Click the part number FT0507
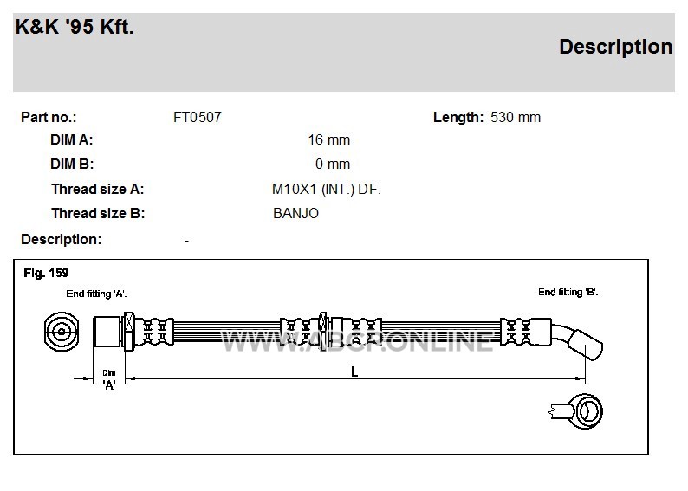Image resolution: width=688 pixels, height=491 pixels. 198,117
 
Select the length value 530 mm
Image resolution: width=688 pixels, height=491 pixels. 516,117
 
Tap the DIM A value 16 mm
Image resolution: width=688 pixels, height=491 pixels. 329,139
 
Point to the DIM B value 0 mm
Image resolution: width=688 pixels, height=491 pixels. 333,164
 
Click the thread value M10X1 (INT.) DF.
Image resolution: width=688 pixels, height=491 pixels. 327,190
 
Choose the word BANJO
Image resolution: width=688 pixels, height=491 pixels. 295,214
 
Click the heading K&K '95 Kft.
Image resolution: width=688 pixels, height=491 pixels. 75,27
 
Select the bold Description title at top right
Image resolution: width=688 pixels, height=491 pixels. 615,48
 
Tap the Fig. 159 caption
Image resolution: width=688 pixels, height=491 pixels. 46,273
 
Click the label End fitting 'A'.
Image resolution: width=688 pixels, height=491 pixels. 96,294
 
